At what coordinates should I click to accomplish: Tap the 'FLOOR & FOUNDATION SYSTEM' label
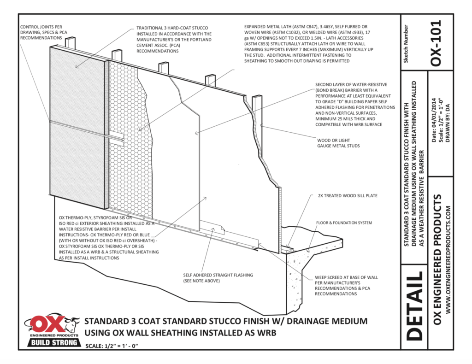tap(343, 223)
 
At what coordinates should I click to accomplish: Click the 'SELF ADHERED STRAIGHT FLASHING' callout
tap(218, 278)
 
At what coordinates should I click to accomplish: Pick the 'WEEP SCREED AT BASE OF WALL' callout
tap(346, 285)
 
